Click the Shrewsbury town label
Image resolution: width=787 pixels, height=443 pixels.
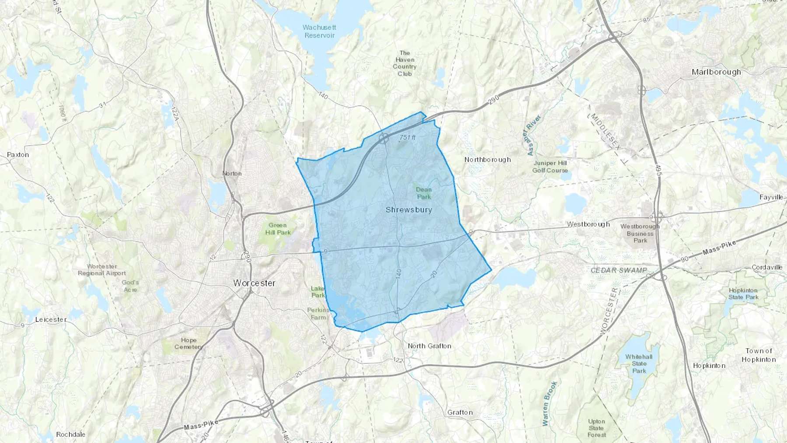pyautogui.click(x=409, y=210)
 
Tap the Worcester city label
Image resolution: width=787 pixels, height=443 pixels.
pyautogui.click(x=254, y=283)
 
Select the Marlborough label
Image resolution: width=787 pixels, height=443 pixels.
pyautogui.click(x=716, y=72)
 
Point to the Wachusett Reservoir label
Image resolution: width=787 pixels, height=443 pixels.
pyautogui.click(x=319, y=31)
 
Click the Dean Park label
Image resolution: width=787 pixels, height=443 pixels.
pyautogui.click(x=423, y=193)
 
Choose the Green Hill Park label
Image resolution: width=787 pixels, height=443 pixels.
pyautogui.click(x=278, y=229)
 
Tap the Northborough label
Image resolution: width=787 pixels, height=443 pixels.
pyautogui.click(x=488, y=160)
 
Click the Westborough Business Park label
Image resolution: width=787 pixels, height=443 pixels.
pyautogui.click(x=640, y=233)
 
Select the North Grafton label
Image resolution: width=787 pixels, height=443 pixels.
pyautogui.click(x=429, y=346)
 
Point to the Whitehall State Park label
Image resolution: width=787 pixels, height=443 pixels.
pyautogui.click(x=639, y=363)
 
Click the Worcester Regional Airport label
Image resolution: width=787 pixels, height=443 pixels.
pyautogui.click(x=102, y=270)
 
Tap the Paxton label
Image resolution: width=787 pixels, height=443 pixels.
pyautogui.click(x=18, y=155)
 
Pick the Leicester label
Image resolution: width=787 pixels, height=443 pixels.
pyautogui.click(x=51, y=320)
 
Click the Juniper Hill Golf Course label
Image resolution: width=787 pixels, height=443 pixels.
pyautogui.click(x=550, y=167)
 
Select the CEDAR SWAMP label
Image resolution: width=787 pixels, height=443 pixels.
pyautogui.click(x=619, y=270)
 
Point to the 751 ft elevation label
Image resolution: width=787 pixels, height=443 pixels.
pyautogui.click(x=407, y=138)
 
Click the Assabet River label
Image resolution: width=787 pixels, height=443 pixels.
pyautogui.click(x=534, y=135)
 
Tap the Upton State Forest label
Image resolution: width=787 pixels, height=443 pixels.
pyautogui.click(x=597, y=428)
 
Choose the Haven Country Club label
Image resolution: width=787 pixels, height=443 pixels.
pyautogui.click(x=404, y=63)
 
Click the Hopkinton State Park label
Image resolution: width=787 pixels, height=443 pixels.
pyautogui.click(x=744, y=293)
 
